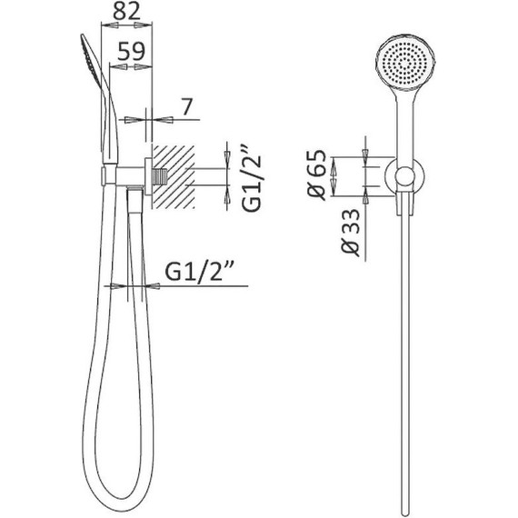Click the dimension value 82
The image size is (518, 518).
pyautogui.click(x=127, y=13)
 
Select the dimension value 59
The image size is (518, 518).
pyautogui.click(x=132, y=51)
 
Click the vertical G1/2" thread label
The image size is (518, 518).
pyautogui.click(x=252, y=178)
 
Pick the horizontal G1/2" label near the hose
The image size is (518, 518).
pyautogui.click(x=198, y=271)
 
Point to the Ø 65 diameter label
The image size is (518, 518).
pyautogui.click(x=316, y=175)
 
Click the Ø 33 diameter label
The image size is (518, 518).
pyautogui.click(x=350, y=233)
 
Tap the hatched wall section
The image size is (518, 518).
pyautogui.click(x=173, y=176)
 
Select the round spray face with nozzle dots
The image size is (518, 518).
pyautogui.click(x=404, y=63)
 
